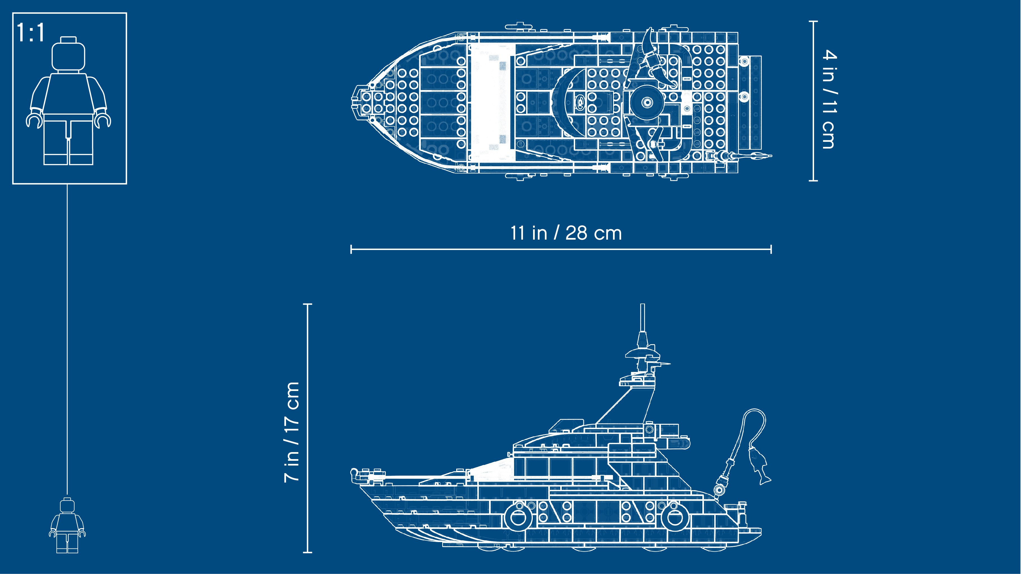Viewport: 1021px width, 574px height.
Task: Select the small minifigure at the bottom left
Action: [x=67, y=525]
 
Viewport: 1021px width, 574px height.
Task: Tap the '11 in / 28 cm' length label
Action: [x=566, y=233]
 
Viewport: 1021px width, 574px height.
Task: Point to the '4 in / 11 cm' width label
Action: [x=829, y=99]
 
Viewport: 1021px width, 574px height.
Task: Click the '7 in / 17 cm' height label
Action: [x=292, y=432]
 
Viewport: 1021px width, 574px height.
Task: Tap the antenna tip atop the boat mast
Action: [x=642, y=305]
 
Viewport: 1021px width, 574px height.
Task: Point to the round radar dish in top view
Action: [x=647, y=102]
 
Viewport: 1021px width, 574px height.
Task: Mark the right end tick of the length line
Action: [x=771, y=249]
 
